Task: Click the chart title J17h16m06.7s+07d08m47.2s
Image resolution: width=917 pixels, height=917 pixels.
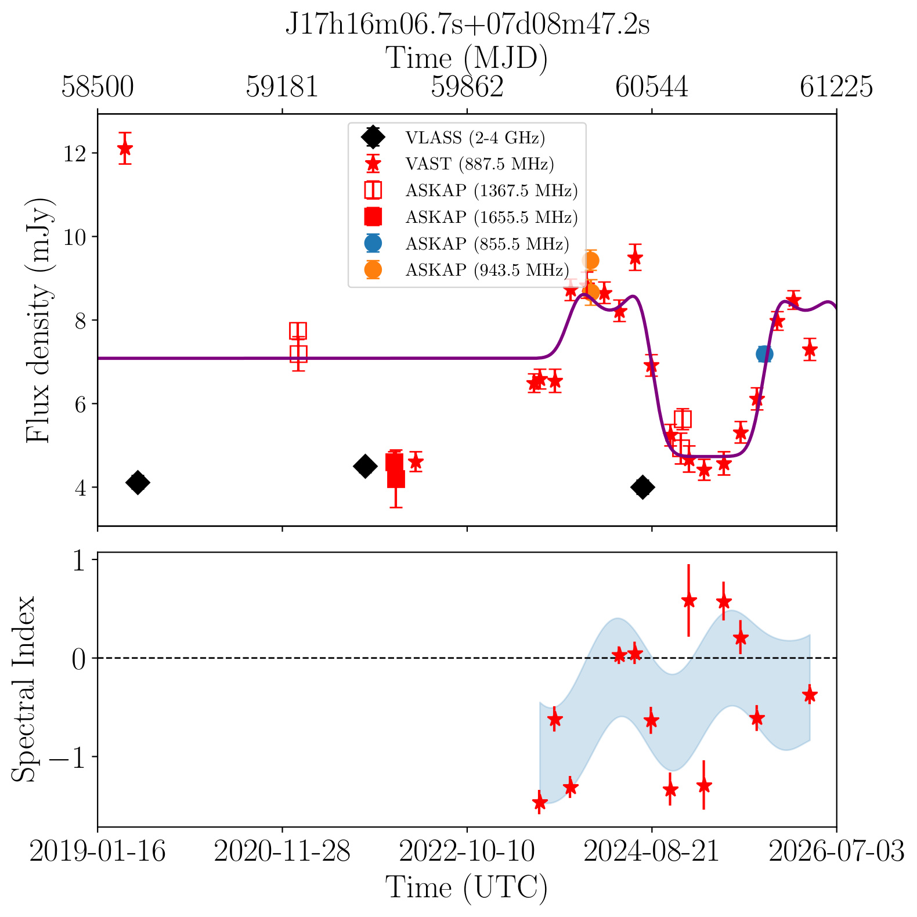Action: click(467, 25)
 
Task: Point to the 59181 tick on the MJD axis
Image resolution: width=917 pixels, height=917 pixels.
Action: click(282, 87)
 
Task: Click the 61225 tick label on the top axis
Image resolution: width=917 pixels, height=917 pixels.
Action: click(836, 87)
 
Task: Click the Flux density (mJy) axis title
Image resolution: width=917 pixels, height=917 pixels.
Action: click(39, 320)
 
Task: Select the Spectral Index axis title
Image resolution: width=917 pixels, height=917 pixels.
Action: click(24, 689)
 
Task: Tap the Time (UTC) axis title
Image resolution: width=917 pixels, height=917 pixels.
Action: click(467, 888)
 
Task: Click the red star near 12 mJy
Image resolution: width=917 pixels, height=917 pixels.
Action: click(125, 148)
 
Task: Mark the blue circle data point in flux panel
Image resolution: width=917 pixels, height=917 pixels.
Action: click(764, 354)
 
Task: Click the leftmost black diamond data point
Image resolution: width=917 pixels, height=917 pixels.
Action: click(138, 482)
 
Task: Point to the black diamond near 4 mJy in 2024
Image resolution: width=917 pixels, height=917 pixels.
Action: click(642, 487)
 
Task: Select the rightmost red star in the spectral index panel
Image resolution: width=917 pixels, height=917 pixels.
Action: click(810, 694)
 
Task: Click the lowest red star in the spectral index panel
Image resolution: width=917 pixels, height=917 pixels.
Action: click(540, 802)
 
